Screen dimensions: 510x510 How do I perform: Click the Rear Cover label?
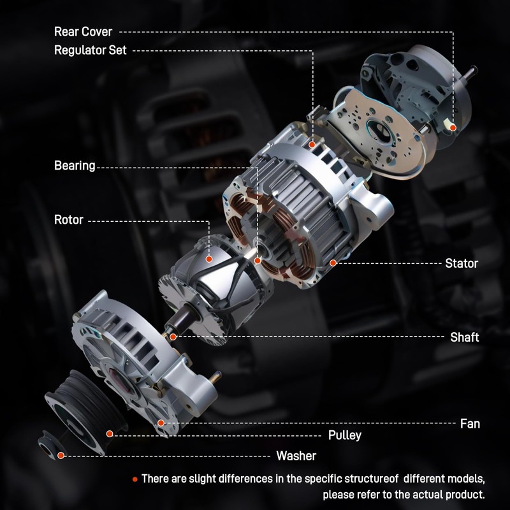[84, 31]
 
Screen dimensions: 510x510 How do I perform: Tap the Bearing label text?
[75, 166]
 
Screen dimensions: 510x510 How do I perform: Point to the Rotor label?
[69, 220]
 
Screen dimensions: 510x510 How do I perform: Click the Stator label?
[462, 263]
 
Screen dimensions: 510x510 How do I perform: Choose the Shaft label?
[464, 337]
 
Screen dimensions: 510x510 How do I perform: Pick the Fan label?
[470, 423]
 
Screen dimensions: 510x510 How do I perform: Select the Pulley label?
[344, 435]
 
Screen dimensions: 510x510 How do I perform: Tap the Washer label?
[296, 456]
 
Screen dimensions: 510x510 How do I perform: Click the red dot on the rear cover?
[453, 127]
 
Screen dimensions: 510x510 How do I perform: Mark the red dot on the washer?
[61, 455]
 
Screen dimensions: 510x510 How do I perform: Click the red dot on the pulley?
[110, 433]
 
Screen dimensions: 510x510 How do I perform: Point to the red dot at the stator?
[333, 263]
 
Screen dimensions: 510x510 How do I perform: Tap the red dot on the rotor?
[209, 259]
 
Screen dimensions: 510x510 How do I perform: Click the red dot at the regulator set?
[312, 145]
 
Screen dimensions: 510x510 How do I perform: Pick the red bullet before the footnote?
[135, 478]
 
